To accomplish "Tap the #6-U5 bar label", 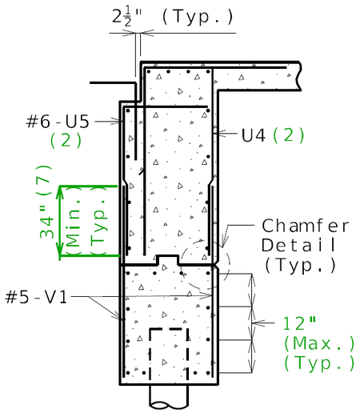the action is coord(58,122).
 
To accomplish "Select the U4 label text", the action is coord(254,135).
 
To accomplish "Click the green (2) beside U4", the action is coord(289,135).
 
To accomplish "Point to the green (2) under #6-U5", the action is coord(66,140).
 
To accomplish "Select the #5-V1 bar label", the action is coord(36,297).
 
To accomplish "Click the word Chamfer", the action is coord(305,226).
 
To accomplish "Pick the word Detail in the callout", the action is coord(298,245).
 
